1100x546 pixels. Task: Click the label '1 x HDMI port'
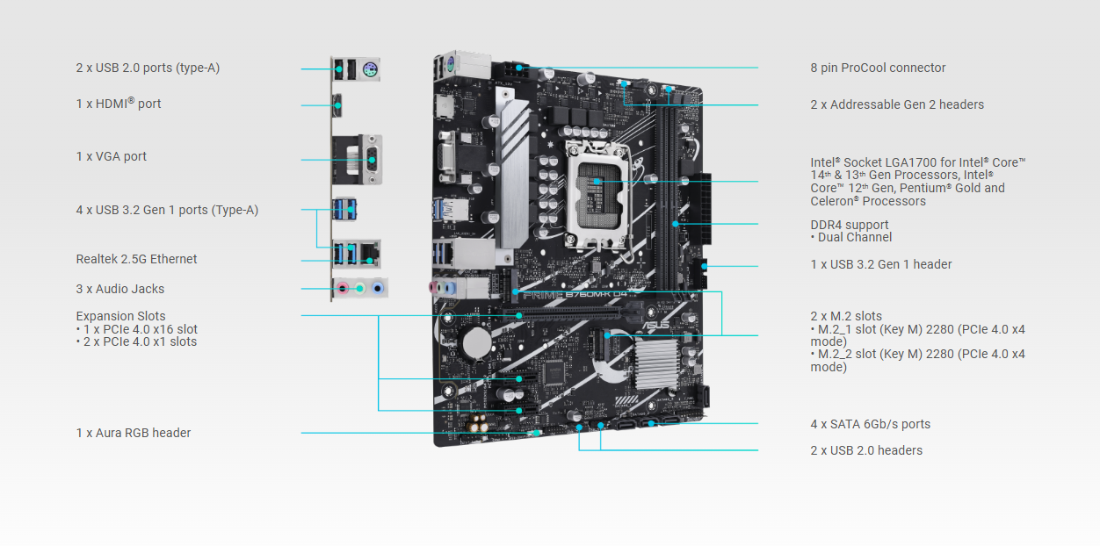click(x=119, y=104)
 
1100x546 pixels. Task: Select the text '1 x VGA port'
click(x=112, y=156)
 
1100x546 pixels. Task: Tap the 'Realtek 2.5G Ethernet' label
click(x=136, y=259)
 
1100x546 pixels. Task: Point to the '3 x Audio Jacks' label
click(x=120, y=289)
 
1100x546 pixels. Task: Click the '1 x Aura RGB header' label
click(x=134, y=433)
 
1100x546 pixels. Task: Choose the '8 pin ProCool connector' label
click(x=878, y=68)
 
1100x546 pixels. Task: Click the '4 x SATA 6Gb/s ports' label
click(x=870, y=424)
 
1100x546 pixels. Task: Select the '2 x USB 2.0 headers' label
click(x=866, y=450)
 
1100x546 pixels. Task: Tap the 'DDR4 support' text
click(x=849, y=225)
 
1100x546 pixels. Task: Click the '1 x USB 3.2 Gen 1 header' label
click(x=880, y=264)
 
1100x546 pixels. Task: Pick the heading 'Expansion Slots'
click(x=120, y=316)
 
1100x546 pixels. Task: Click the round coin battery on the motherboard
click(x=477, y=341)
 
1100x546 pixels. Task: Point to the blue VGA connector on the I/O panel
click(x=369, y=160)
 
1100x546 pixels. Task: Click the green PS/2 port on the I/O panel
click(x=370, y=70)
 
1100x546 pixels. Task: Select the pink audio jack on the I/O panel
click(x=340, y=288)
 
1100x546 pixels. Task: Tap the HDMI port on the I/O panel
click(x=338, y=105)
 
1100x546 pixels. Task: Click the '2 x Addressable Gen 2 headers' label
click(x=897, y=104)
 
